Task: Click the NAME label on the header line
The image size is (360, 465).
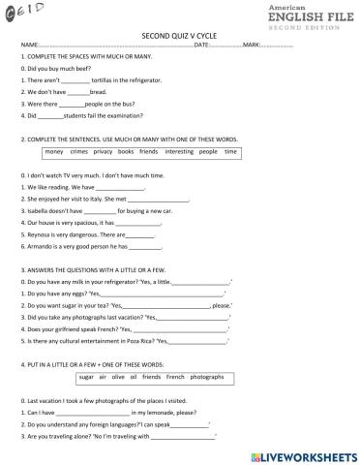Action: [x=30, y=46]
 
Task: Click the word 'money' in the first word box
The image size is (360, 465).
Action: [x=54, y=152]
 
